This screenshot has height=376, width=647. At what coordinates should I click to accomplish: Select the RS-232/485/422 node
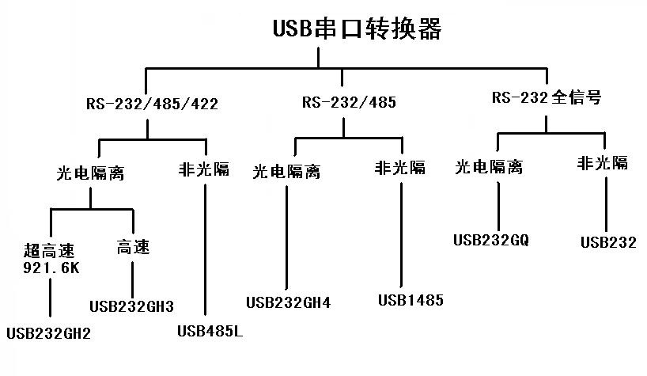[152, 103]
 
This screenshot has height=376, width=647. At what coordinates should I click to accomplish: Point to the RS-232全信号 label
[547, 98]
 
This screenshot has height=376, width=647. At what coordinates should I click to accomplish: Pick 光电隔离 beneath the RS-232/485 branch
[286, 171]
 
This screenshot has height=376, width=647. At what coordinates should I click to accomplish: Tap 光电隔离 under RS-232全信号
[489, 167]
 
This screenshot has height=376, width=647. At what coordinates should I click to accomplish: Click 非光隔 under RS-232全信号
[603, 163]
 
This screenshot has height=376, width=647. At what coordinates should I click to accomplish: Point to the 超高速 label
[50, 252]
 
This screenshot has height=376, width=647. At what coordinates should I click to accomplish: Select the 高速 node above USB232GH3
[132, 248]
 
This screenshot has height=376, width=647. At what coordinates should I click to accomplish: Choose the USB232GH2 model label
[48, 333]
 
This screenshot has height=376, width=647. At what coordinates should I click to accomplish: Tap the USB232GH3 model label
[131, 306]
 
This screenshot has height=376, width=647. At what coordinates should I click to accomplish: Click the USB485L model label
[209, 330]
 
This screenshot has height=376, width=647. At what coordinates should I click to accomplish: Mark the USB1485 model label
[411, 300]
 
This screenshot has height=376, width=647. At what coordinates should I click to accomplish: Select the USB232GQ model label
[491, 239]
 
